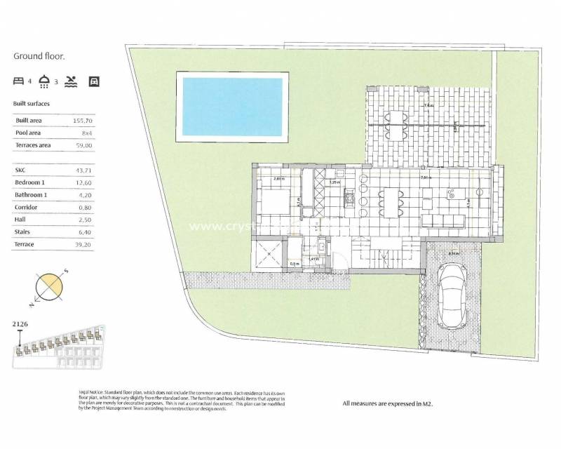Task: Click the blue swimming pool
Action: click(x=233, y=107)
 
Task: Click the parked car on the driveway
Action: click(x=452, y=296)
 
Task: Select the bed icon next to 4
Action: click(x=18, y=81)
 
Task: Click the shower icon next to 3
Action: click(x=45, y=81)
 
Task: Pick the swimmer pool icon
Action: click(x=71, y=81)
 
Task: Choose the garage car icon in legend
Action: click(x=94, y=81)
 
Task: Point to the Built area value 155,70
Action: click(x=83, y=121)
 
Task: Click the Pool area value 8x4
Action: click(x=87, y=133)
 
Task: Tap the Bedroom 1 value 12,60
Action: click(x=83, y=182)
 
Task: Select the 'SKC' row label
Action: click(x=21, y=170)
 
